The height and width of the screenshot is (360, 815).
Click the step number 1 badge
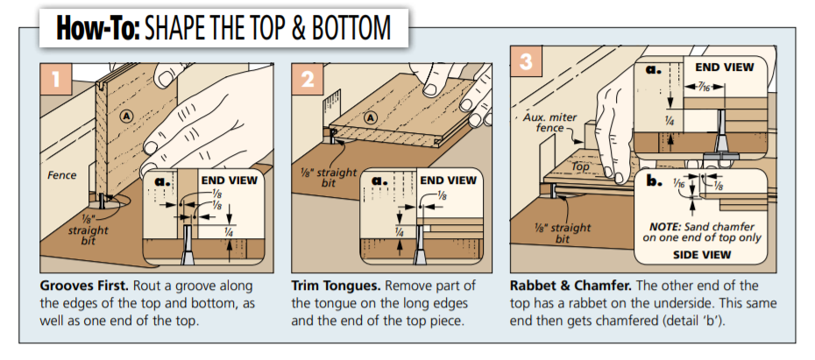[x=55, y=81]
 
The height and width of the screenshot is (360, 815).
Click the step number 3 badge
[x=525, y=62]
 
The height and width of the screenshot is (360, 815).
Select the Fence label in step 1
[x=61, y=175]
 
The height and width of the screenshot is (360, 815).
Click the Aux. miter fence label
[x=543, y=122]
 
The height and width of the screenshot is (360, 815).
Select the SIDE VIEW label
[x=701, y=255]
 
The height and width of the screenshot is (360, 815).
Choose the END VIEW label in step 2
[x=449, y=180]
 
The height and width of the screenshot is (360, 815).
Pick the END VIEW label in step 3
[x=724, y=67]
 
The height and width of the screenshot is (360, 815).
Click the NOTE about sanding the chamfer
[x=700, y=231]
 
